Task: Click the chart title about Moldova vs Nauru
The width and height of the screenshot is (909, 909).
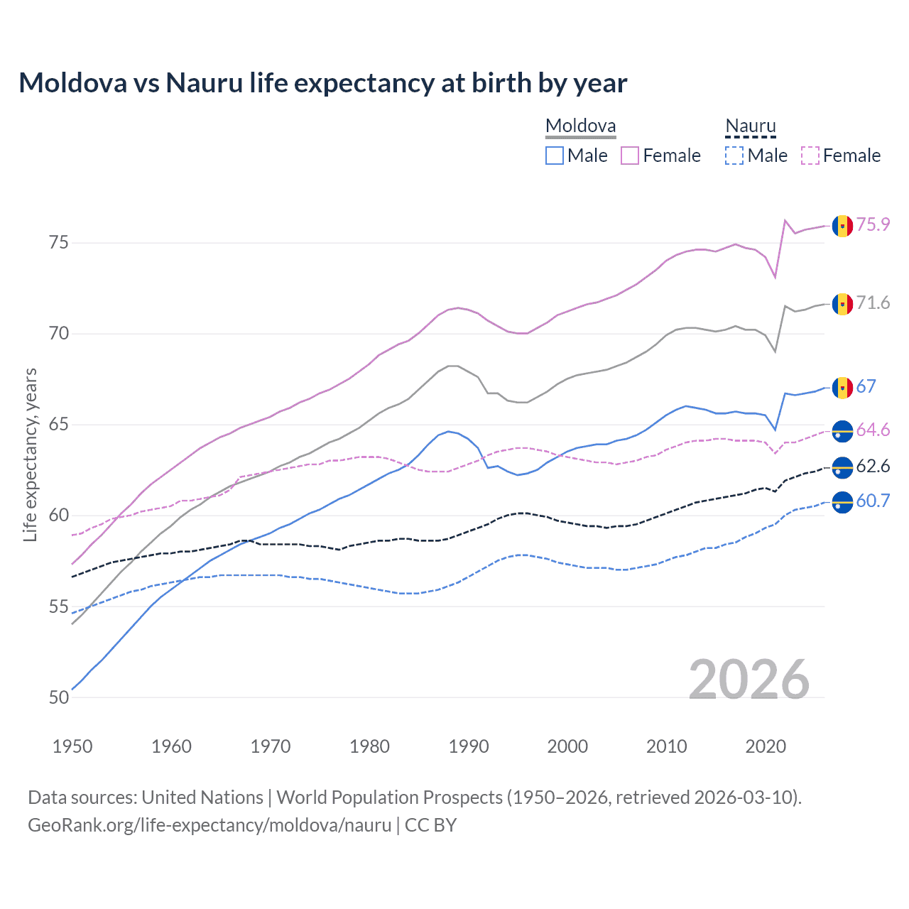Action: click(x=323, y=83)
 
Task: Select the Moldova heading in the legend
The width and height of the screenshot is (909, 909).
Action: click(x=580, y=126)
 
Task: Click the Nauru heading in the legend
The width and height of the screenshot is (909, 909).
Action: click(x=750, y=126)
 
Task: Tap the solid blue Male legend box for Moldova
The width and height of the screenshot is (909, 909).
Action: click(x=555, y=156)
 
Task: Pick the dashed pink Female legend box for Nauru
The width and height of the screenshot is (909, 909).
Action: click(x=810, y=156)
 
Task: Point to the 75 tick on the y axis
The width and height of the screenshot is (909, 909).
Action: click(x=59, y=243)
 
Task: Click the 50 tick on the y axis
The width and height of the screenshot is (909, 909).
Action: click(x=59, y=697)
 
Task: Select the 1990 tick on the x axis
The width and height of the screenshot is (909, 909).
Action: click(x=469, y=746)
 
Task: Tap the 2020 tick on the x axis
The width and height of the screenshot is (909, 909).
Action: click(x=766, y=746)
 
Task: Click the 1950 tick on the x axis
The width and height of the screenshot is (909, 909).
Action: click(x=72, y=746)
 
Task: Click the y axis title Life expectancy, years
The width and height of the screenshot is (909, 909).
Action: click(x=31, y=454)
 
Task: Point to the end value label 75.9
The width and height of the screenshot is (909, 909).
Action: click(x=873, y=224)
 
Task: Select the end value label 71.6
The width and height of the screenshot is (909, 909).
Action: click(x=873, y=303)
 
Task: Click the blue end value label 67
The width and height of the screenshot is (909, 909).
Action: click(x=866, y=386)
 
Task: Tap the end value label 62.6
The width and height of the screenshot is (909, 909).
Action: click(x=873, y=467)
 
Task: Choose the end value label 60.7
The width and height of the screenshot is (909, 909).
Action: click(x=873, y=501)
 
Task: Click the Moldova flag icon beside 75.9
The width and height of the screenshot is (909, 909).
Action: click(x=842, y=226)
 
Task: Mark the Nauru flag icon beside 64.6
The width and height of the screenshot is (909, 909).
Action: click(x=842, y=431)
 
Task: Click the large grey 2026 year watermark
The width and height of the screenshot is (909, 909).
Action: click(x=749, y=680)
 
